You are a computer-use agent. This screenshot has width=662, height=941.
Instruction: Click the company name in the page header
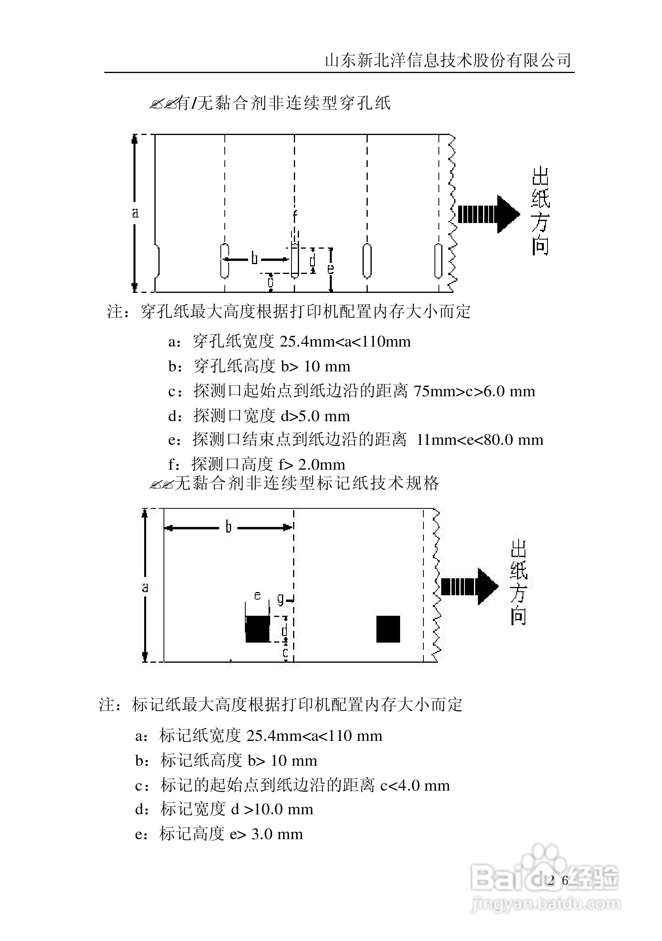click(x=448, y=60)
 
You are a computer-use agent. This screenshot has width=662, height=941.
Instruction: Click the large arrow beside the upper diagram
click(x=488, y=214)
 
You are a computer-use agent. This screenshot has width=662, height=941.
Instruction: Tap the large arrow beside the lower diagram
click(x=469, y=587)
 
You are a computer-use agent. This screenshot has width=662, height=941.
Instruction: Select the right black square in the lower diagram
click(x=388, y=629)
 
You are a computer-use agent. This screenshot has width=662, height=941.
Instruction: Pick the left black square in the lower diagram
click(x=257, y=629)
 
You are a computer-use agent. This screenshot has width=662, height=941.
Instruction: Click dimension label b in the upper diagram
click(x=255, y=259)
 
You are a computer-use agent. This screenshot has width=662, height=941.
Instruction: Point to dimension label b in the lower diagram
click(x=228, y=527)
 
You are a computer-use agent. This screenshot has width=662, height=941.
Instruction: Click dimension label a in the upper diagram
click(x=135, y=213)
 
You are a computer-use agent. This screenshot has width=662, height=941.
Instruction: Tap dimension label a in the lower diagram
click(x=145, y=588)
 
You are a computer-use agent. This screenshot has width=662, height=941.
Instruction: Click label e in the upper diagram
click(x=331, y=269)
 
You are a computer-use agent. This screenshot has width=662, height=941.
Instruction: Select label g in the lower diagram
click(x=280, y=599)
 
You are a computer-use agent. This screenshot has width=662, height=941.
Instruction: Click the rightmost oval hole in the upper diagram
click(x=438, y=261)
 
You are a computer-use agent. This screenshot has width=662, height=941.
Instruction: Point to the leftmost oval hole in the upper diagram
click(x=224, y=261)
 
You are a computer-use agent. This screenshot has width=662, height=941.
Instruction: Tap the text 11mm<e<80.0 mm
click(x=480, y=440)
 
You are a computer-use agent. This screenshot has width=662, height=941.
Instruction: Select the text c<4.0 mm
click(x=415, y=785)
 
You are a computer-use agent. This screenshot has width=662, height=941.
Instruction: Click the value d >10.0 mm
click(x=273, y=809)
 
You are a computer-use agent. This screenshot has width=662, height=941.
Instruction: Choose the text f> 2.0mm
click(x=312, y=464)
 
